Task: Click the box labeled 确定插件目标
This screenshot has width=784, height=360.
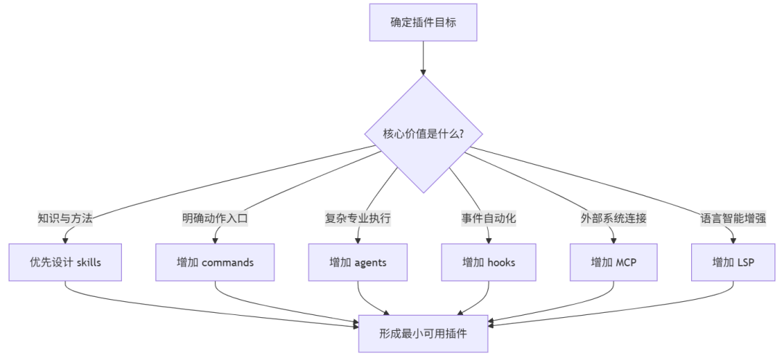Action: pyautogui.click(x=423, y=22)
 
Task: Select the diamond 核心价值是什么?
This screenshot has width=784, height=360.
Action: pyautogui.click(x=423, y=134)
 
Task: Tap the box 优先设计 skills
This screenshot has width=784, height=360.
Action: pyautogui.click(x=65, y=262)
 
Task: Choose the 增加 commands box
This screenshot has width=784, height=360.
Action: pyautogui.click(x=215, y=262)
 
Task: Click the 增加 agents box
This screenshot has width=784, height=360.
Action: pyautogui.click(x=358, y=262)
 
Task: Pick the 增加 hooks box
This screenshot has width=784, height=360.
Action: pyautogui.click(x=489, y=262)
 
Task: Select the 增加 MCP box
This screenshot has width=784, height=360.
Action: pyautogui.click(x=614, y=262)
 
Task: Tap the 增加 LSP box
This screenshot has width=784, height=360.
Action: pyautogui.click(x=733, y=262)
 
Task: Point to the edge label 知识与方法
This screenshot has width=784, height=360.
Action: pyautogui.click(x=65, y=218)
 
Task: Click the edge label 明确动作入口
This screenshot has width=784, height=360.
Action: pyautogui.click(x=215, y=218)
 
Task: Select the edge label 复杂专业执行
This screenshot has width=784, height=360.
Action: pyautogui.click(x=358, y=218)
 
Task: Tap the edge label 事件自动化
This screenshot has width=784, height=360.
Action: pyautogui.click(x=489, y=218)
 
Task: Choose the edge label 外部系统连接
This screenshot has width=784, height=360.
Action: pyautogui.click(x=614, y=218)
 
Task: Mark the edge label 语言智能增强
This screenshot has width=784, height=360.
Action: pyautogui.click(x=733, y=218)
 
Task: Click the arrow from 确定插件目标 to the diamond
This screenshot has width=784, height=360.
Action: pyautogui.click(x=423, y=58)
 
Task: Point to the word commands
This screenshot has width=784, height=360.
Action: pyautogui.click(x=227, y=262)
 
